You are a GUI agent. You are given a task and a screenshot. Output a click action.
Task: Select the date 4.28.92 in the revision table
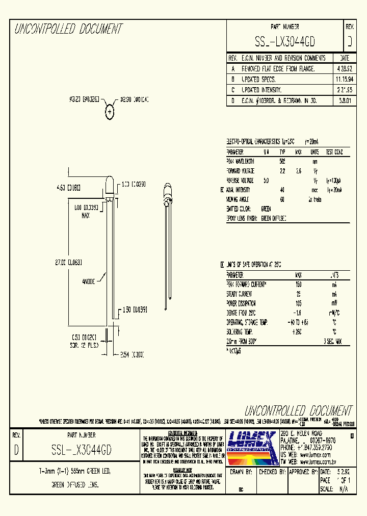[344, 68]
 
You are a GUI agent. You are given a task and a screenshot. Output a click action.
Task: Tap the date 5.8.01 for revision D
[344, 101]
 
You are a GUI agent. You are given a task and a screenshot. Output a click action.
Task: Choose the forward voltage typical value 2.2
[282, 171]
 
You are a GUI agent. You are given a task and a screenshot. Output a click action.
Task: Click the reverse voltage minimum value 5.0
[266, 180]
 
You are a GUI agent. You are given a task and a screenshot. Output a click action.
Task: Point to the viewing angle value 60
[282, 199]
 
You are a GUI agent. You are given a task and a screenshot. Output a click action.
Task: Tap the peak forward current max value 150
[299, 284]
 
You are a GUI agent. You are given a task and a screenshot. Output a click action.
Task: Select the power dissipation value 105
[299, 303]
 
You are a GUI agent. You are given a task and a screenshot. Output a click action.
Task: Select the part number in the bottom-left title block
[82, 449]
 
